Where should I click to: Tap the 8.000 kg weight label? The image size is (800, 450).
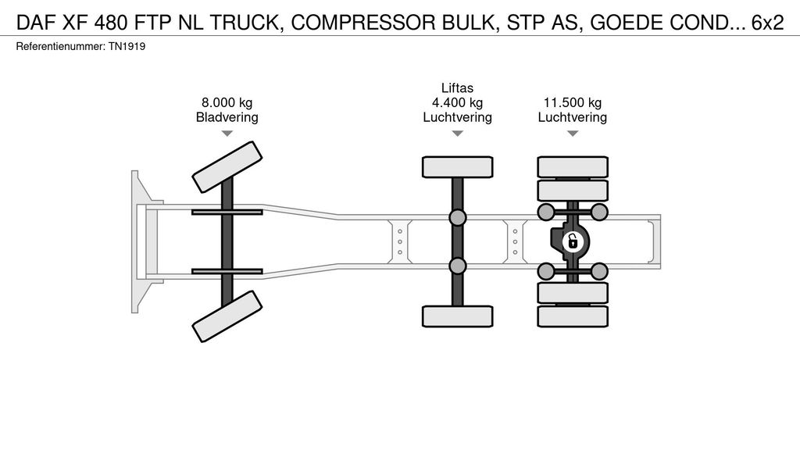(x=227, y=102)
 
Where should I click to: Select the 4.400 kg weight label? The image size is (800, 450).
(x=457, y=102)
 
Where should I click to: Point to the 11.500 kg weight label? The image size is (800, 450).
(x=573, y=102)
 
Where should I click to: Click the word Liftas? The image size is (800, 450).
(x=457, y=88)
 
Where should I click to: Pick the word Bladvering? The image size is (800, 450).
(x=227, y=117)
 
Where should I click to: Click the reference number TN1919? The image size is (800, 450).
(x=127, y=47)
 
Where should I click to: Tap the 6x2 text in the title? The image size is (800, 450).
(x=767, y=23)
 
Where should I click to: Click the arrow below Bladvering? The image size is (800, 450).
(x=227, y=134)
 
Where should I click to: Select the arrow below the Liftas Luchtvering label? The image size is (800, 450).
(x=457, y=134)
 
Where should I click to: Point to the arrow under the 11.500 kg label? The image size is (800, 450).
(x=573, y=134)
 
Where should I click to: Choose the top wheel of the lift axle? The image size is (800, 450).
(x=457, y=166)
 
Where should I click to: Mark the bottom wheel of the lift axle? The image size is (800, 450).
(x=457, y=316)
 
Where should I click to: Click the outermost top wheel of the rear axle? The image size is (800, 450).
(x=573, y=166)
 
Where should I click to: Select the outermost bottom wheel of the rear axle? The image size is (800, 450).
(x=573, y=316)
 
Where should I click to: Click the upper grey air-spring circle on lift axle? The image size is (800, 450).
(x=457, y=217)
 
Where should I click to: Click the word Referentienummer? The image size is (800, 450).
(x=59, y=47)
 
